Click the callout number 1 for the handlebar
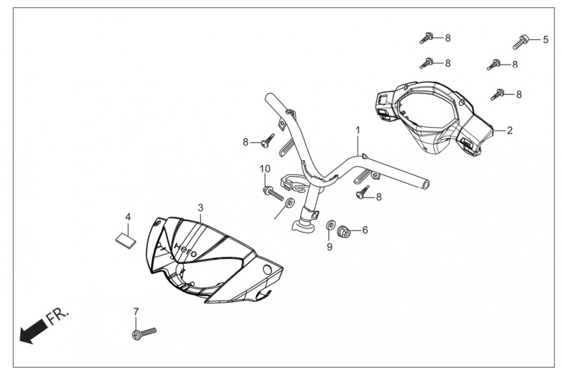(358, 130)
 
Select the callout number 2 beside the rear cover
(510, 131)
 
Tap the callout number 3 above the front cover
(200, 207)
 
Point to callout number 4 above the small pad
(127, 217)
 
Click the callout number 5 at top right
(545, 39)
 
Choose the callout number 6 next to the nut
(365, 230)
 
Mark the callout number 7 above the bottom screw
(136, 311)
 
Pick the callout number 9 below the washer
(330, 246)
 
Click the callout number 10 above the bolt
(265, 169)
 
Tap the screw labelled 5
(521, 42)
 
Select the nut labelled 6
(343, 231)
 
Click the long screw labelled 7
(144, 334)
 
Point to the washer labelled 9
(329, 225)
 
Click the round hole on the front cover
(268, 269)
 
